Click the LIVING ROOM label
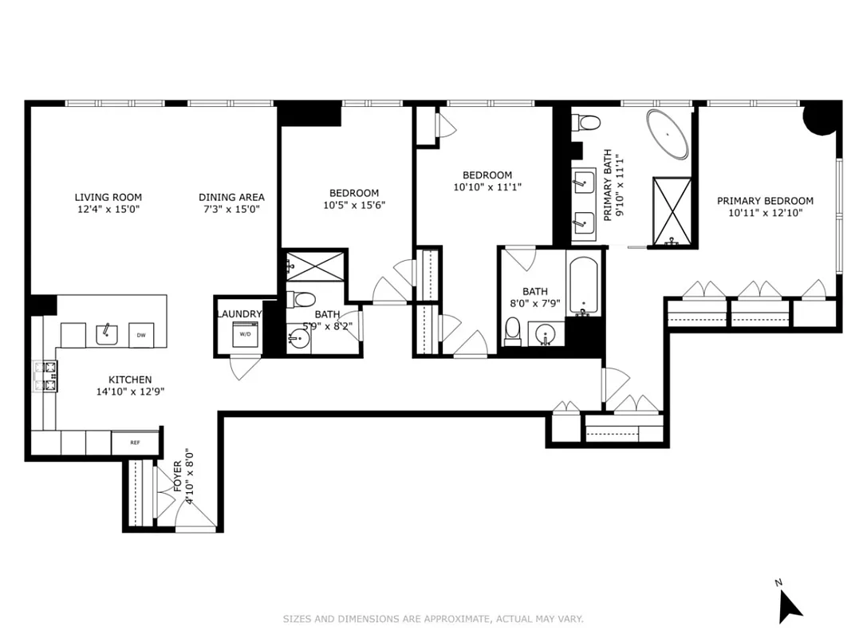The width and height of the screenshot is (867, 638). (108, 198)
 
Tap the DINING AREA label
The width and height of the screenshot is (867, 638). (231, 198)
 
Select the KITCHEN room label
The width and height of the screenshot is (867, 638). (130, 380)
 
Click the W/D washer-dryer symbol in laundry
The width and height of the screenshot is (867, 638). (246, 335)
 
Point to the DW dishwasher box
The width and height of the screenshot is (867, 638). (140, 335)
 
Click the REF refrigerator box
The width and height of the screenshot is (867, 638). (124, 443)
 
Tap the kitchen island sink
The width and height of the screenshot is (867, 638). (108, 334)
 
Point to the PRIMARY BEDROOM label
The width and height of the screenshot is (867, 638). (765, 201)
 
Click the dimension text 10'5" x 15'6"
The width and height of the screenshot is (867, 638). (354, 205)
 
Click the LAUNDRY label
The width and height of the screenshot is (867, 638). (238, 314)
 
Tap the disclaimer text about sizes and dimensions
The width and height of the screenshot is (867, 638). (433, 618)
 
